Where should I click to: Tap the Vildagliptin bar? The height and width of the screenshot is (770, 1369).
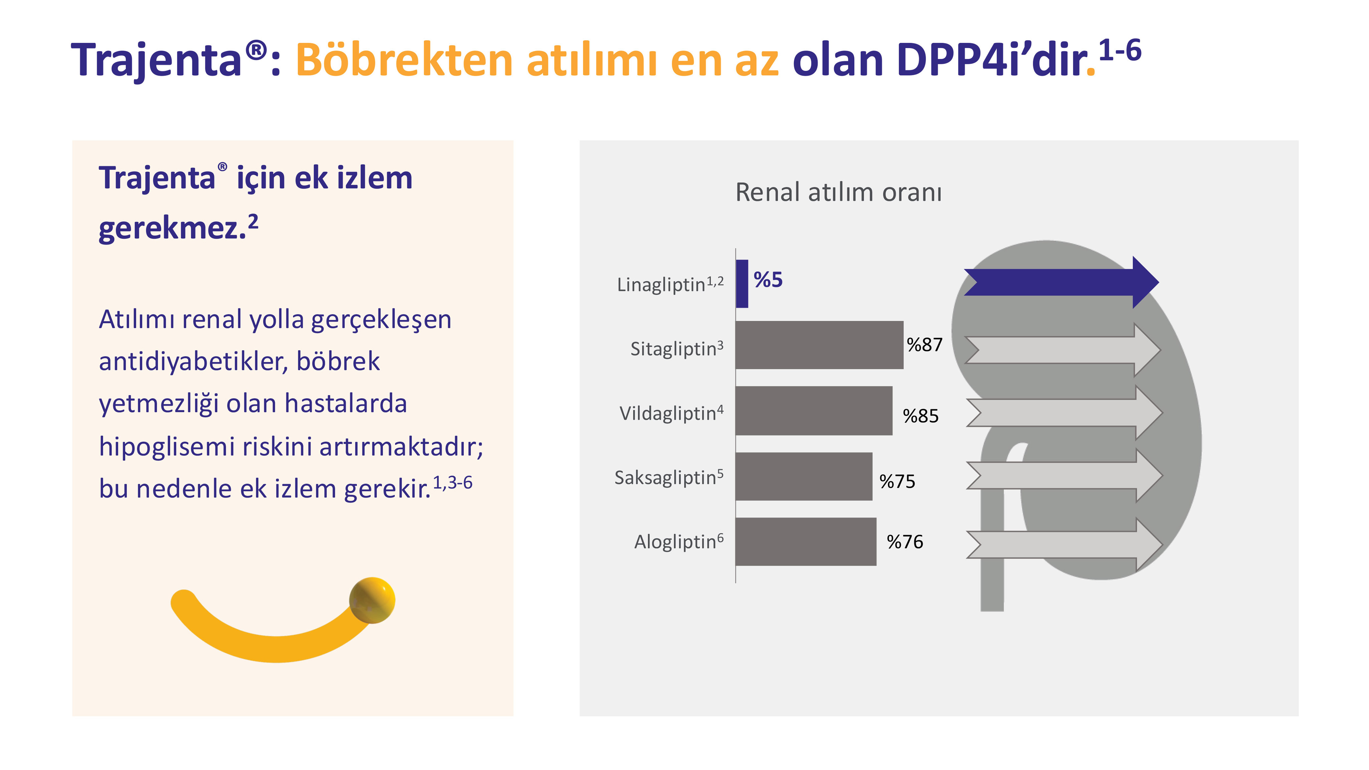click(814, 410)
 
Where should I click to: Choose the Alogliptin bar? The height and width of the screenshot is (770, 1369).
click(806, 541)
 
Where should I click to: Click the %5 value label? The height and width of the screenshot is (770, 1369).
click(768, 280)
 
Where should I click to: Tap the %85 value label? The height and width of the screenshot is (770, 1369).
click(920, 416)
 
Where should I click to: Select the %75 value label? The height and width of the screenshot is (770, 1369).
click(897, 481)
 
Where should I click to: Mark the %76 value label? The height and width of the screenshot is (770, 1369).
click(905, 542)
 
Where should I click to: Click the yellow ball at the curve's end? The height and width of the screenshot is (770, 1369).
click(372, 600)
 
